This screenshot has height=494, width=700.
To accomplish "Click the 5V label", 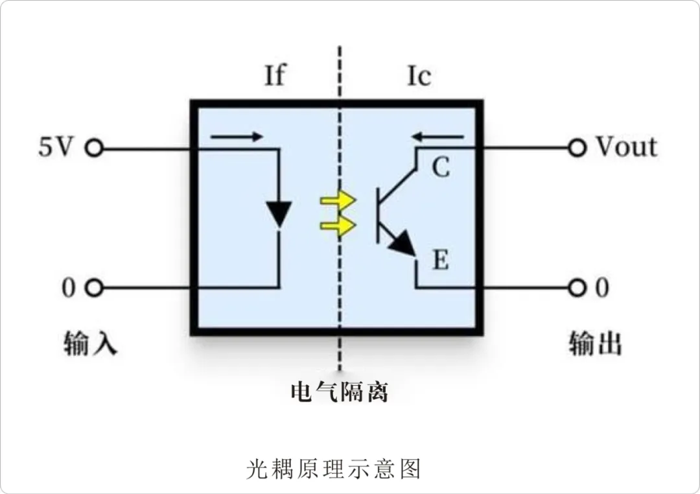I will coord(54,148).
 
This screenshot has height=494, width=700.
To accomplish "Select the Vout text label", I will coord(626,147).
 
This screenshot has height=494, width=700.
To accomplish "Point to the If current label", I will coord(274,76).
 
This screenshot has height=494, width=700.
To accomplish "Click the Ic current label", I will coord(419,76).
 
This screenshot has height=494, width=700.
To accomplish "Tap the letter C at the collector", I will coord(441,168).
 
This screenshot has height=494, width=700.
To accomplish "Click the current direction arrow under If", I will coord(237,137).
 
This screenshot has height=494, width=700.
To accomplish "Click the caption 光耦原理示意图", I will coord(334,468).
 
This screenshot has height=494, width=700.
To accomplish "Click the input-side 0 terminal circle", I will coord(95,288).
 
